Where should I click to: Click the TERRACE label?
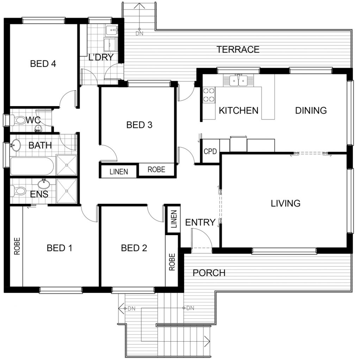click(238, 49)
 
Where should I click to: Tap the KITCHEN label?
click(238, 110)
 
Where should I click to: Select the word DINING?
click(311, 110)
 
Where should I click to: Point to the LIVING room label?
click(285, 203)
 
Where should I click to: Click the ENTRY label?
click(200, 222)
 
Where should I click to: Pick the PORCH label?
click(209, 273)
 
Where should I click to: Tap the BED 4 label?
click(43, 63)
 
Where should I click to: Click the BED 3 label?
click(139, 125)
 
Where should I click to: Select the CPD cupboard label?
click(210, 151)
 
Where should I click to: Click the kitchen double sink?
click(238, 81)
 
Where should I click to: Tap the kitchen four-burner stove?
click(209, 95)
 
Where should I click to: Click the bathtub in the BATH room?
click(32, 166)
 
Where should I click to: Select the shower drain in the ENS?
click(67, 191)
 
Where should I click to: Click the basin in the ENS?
click(43, 184)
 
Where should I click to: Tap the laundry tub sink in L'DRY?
click(112, 30)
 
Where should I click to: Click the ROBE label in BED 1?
click(17, 246)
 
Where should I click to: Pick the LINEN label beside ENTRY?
click(174, 219)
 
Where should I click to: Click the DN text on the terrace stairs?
click(139, 33)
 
